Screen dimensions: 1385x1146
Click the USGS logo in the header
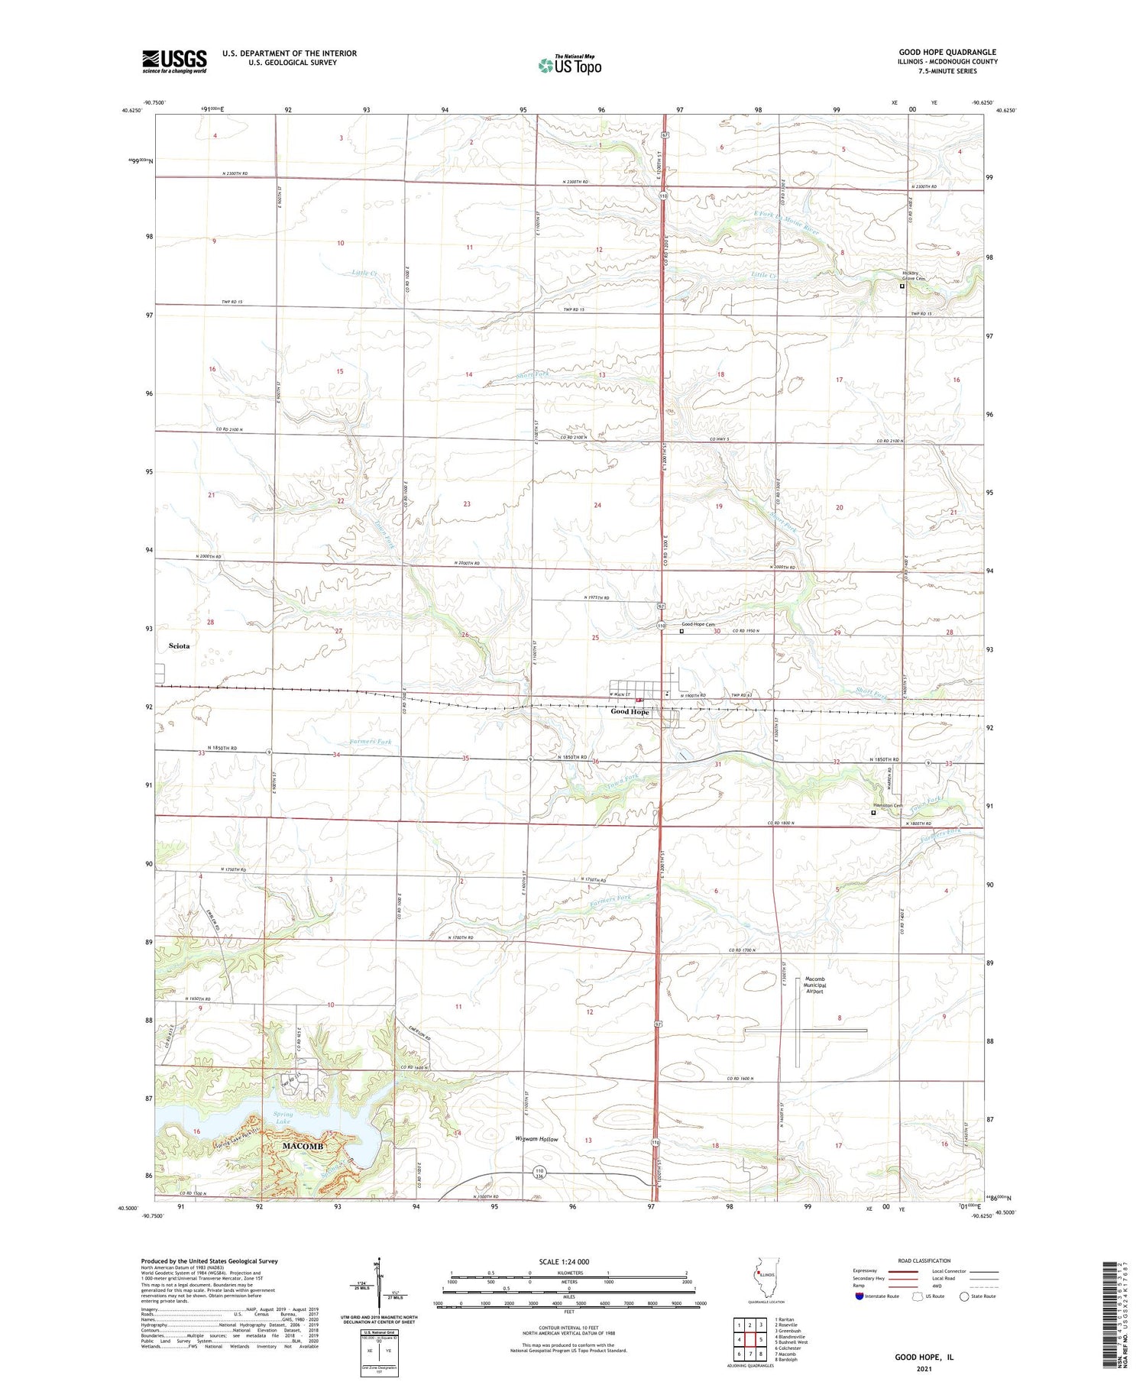(x=174, y=61)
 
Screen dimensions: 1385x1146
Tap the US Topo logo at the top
(x=570, y=66)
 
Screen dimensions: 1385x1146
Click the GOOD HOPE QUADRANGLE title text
(x=947, y=52)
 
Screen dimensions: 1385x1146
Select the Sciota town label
(x=179, y=646)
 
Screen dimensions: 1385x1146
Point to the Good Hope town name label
(x=630, y=712)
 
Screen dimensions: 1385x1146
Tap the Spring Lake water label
(x=282, y=1119)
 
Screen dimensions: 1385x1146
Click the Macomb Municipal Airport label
(x=815, y=985)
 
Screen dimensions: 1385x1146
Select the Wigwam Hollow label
(x=536, y=1139)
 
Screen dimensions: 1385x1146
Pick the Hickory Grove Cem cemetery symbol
(x=902, y=286)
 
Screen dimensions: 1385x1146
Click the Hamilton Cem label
(x=888, y=805)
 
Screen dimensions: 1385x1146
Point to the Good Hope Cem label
(x=698, y=624)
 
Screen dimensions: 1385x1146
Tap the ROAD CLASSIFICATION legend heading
(x=924, y=1260)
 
